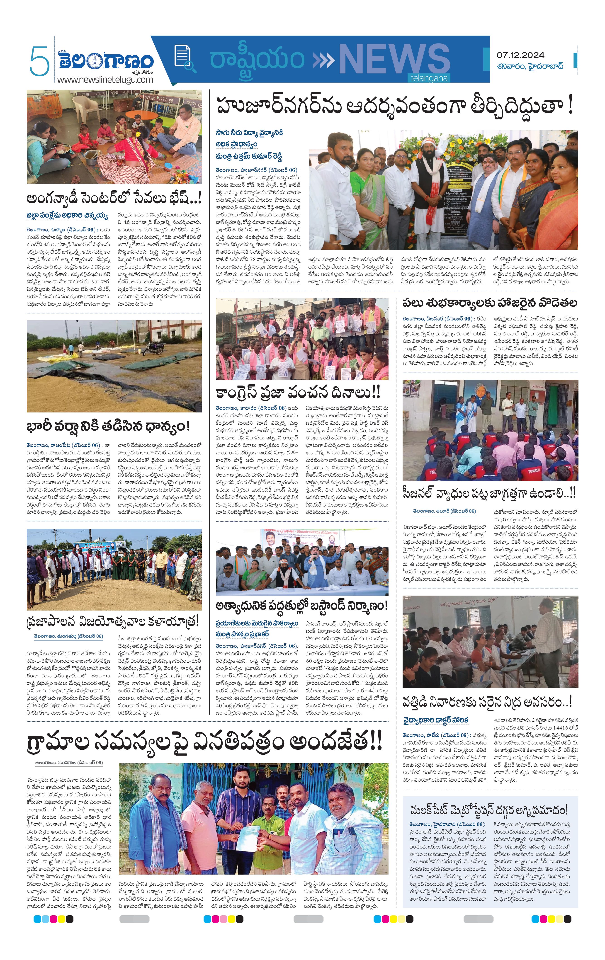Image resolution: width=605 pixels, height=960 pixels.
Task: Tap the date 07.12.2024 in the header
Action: [x=520, y=55]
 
